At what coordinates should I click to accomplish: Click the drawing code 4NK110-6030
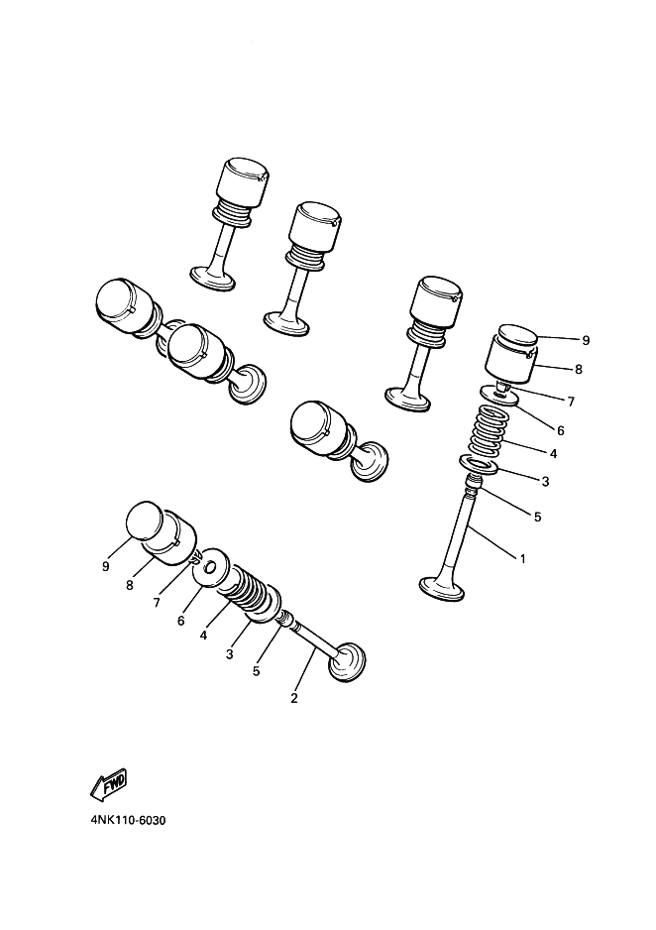click(128, 821)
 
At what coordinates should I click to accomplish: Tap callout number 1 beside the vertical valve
click(522, 558)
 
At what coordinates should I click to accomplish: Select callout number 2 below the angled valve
click(294, 698)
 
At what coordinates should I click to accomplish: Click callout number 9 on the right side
click(586, 340)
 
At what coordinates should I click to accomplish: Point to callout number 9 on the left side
click(105, 566)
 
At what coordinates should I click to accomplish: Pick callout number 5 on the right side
click(537, 517)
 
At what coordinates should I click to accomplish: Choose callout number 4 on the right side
click(553, 454)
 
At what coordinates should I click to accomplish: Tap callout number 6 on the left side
click(180, 621)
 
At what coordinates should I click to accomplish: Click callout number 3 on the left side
click(229, 654)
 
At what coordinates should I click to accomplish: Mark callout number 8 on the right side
click(579, 369)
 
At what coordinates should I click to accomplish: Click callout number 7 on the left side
click(157, 603)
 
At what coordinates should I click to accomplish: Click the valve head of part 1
click(441, 588)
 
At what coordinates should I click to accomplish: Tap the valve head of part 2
click(348, 661)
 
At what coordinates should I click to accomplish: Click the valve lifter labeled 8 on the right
click(510, 358)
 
